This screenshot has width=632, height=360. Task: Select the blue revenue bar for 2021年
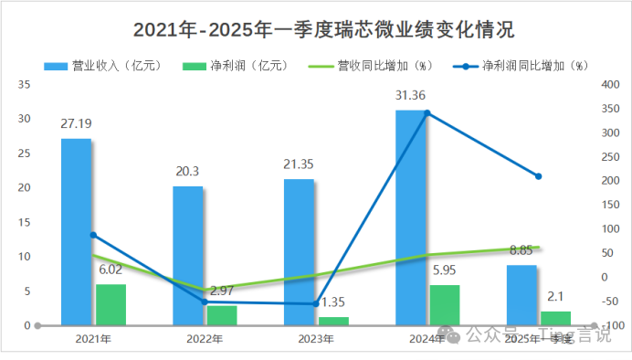coord(76,231)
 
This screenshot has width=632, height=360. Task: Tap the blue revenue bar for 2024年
coord(410,217)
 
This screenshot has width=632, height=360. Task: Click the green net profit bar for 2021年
coord(111,304)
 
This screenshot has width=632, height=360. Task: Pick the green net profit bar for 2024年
coord(445,304)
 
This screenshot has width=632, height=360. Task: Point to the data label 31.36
coord(411,95)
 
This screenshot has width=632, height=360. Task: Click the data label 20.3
coord(188,171)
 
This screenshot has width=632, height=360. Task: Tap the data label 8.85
coord(522,249)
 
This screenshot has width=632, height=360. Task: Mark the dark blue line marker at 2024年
coord(427,113)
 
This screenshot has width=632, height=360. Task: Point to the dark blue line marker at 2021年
coord(93,235)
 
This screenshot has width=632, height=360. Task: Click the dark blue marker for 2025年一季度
coord(538,176)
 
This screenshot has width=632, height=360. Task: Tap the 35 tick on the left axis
coord(25,84)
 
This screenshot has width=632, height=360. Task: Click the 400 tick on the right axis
coord(610,84)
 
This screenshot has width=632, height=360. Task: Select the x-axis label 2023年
coord(315,339)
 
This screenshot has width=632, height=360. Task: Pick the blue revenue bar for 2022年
coord(187,255)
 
